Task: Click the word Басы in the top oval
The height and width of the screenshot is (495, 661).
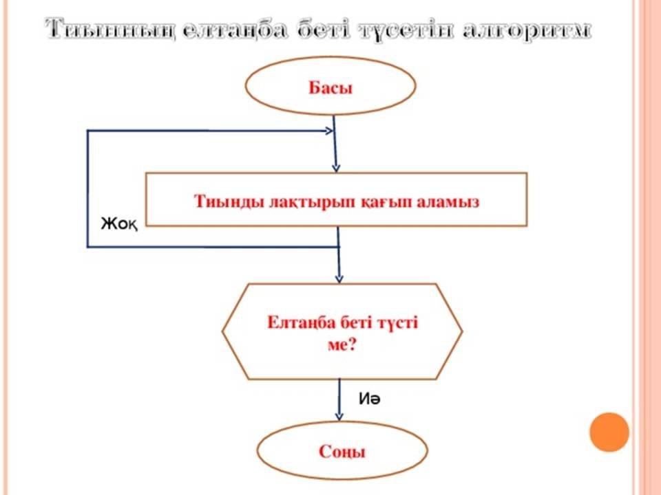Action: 330,87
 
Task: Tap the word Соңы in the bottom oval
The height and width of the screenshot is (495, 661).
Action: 342,452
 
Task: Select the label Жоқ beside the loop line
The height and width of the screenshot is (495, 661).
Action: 119,223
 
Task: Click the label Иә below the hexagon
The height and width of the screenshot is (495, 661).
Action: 369,397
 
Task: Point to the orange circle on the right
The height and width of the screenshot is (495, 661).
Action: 609,432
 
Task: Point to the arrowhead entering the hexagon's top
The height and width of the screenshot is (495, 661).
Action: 339,278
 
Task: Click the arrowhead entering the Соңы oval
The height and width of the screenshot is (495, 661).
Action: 339,416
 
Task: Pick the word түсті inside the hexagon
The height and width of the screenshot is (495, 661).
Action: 396,322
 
